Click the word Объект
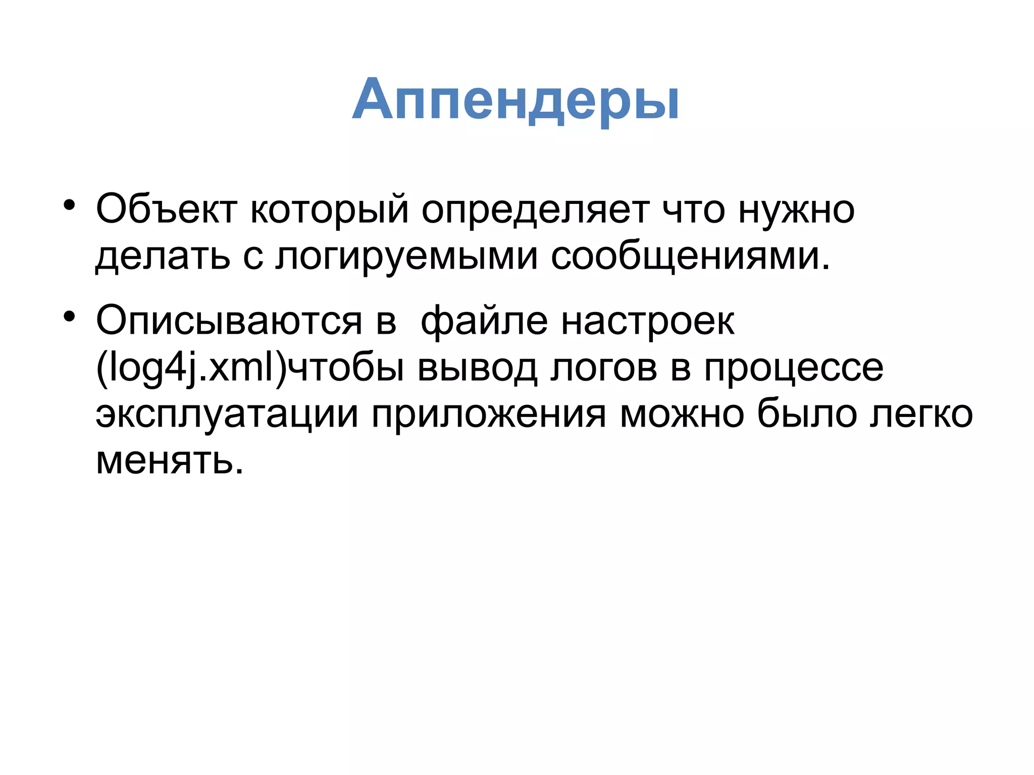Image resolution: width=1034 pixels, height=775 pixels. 166,209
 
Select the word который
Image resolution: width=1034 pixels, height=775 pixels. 329,209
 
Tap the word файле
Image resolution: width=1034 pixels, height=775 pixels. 484,321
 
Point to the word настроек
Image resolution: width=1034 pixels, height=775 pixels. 648,321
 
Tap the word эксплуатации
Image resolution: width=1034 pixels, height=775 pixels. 227,415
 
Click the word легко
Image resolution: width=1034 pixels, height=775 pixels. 920,415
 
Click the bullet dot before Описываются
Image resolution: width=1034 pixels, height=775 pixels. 69,317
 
